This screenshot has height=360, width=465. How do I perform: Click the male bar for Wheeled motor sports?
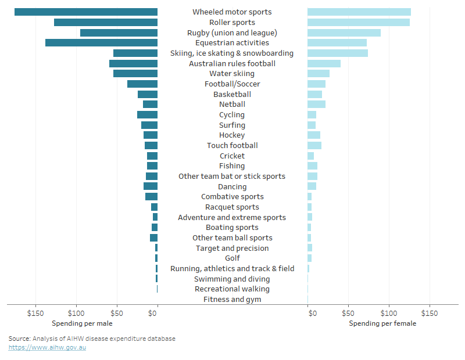pos(86,12)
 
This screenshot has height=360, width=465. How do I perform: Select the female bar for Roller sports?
pos(358,23)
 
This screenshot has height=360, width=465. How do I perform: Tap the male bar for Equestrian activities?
pos(101,43)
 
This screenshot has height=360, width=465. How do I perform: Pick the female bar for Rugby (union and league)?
pos(344,33)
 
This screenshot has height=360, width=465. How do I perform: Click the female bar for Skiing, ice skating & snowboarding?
pos(337,53)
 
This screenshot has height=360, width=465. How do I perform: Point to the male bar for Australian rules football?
pos(133,63)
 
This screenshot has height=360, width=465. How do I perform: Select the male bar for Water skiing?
pos(135,74)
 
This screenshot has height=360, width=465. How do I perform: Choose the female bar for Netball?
pos(316,105)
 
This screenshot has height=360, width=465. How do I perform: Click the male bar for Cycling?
pos(147,115)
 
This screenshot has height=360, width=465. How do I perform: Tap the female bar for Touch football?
pos(314,146)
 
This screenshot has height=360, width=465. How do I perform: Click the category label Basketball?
pos(232,94)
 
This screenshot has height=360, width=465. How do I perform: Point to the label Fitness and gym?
pos(232,300)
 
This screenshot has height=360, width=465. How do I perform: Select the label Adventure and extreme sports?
pos(232,217)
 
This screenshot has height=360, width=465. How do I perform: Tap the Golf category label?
pos(232,258)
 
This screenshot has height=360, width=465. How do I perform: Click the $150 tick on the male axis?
pos(36,314)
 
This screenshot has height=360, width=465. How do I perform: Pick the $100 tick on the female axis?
pos(389,314)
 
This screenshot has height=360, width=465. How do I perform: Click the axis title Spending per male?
pos(82,323)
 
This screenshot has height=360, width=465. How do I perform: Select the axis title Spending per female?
pos(382,323)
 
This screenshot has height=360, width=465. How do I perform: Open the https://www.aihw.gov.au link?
pos(47,347)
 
